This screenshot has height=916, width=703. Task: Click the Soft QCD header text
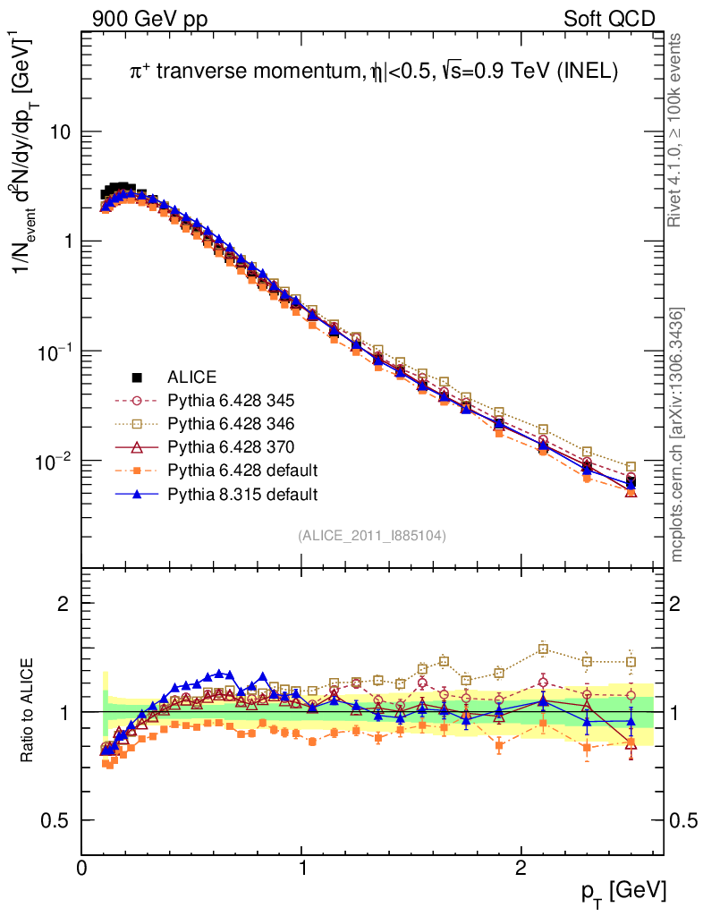pyautogui.click(x=608, y=18)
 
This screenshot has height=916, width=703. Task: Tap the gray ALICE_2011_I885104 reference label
pyautogui.click(x=372, y=535)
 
